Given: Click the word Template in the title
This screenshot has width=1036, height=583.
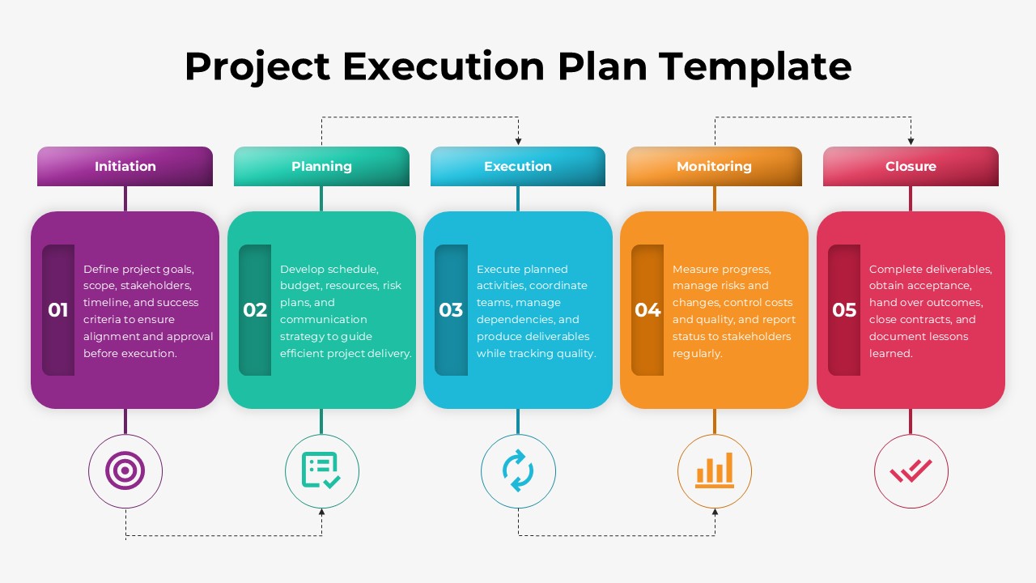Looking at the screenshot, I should (754, 66).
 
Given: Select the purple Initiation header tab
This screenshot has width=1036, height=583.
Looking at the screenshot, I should (125, 166).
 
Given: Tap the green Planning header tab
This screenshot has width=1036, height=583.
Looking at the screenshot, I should (321, 166).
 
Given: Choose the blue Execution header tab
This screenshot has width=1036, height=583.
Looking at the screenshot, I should (518, 166).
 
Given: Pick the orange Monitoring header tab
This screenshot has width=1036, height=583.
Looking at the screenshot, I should (714, 166).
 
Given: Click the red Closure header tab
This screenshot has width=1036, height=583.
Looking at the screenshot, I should (911, 166).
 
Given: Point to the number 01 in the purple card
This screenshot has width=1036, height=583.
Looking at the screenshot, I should (58, 310).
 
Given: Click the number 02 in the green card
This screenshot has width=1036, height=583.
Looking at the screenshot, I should (255, 310).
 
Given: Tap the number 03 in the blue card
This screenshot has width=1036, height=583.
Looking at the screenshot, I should (451, 310).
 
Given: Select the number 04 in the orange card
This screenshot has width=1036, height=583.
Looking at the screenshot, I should (647, 310).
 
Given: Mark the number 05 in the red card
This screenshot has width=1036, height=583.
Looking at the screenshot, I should (844, 310).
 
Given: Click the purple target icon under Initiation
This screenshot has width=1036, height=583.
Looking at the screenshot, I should (125, 471).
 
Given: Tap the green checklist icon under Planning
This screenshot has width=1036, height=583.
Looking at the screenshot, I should (321, 471).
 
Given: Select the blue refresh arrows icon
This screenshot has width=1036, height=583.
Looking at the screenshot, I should (518, 471).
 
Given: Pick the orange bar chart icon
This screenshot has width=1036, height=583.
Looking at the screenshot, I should (715, 471).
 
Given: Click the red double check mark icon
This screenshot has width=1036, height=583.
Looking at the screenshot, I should (911, 471).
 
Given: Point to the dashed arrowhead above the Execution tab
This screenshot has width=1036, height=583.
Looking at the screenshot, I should (518, 142).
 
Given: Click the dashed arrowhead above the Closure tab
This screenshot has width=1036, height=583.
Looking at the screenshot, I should (911, 142).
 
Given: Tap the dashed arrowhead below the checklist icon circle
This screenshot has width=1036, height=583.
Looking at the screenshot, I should (322, 513).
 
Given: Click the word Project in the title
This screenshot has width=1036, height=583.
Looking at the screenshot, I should (257, 66).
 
